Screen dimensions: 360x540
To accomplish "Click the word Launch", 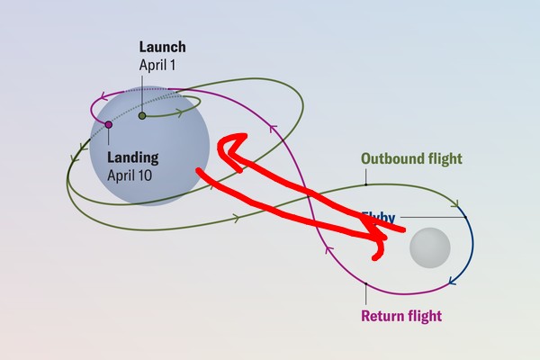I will click(x=162, y=48).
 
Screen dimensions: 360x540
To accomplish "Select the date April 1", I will click(x=159, y=65).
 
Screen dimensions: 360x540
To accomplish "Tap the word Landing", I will click(x=132, y=157).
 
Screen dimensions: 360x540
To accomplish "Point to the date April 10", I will click(x=130, y=175).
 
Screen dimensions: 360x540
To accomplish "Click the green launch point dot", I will click(x=141, y=115).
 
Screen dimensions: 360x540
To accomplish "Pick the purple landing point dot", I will click(x=108, y=124).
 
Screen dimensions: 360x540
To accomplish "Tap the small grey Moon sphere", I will click(x=429, y=247).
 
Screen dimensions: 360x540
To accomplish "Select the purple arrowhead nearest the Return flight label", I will click(x=328, y=252).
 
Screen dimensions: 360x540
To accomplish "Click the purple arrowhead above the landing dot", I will click(x=105, y=94).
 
